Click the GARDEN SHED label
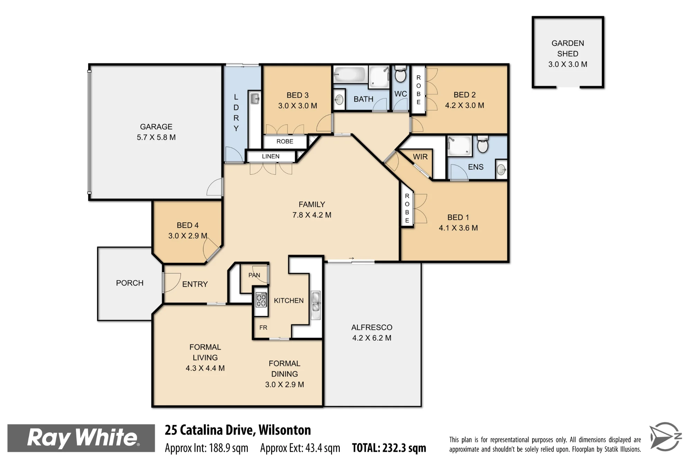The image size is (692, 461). [567, 48]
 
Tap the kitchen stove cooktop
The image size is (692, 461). [261, 300]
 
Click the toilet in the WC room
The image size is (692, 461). [400, 74]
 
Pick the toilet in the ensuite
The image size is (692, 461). [483, 144]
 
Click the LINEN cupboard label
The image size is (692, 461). [271, 156]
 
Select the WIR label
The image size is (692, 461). [420, 157]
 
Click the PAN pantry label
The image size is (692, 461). [254, 275]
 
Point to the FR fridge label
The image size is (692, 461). [263, 328]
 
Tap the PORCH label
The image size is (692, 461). [130, 283]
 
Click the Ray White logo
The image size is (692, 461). [81, 438]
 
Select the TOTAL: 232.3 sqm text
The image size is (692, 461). [389, 448]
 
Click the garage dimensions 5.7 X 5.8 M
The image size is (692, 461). [156, 137]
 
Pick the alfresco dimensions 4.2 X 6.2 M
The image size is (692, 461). [372, 338]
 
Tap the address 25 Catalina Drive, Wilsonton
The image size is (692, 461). [238, 430]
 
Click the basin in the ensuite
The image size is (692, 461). [501, 169]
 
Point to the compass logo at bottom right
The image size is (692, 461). [665, 436]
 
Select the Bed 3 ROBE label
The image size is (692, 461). [285, 141]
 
